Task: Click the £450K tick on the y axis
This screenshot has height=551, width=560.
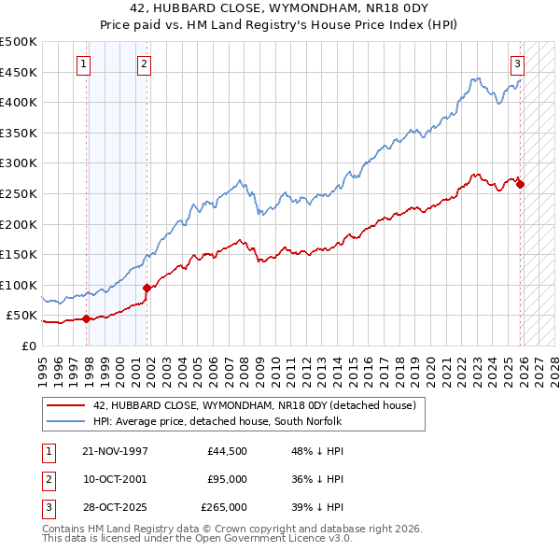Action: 19,72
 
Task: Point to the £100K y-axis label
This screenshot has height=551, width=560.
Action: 19,285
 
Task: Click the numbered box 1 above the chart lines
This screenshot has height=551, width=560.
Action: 84,64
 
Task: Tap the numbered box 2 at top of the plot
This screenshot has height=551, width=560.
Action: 145,64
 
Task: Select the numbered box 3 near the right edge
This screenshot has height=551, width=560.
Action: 517,64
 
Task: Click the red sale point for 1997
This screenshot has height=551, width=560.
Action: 87,318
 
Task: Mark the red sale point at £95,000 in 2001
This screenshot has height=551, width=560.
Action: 147,288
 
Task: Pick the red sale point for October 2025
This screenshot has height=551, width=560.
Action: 520,184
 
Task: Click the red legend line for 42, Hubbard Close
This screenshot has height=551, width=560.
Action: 66,406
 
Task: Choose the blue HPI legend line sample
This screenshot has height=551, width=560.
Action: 66,422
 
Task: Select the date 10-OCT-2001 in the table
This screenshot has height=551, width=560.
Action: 115,479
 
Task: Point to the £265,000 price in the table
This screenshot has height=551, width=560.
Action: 224,508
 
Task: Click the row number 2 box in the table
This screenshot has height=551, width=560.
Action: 48,479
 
